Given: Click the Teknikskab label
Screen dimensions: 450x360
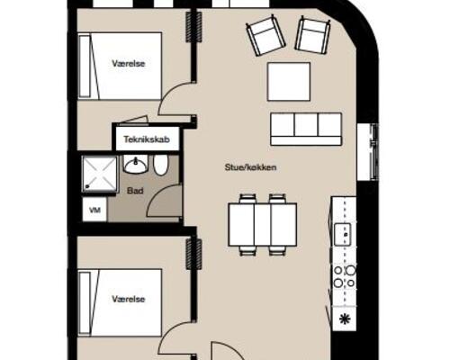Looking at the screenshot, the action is tap(147, 139).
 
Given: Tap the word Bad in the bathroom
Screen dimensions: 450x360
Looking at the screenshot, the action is tap(135, 191).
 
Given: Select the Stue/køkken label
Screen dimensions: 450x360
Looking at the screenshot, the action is tap(250, 167).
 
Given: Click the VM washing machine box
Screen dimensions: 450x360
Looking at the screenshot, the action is tap(94, 210).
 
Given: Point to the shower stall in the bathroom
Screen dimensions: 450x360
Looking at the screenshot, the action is tap(99, 174).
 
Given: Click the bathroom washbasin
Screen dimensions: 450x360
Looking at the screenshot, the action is tap(135, 165).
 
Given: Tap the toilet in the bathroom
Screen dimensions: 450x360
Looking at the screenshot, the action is tap(160, 166).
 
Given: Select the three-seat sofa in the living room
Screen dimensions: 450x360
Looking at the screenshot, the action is tap(306, 130).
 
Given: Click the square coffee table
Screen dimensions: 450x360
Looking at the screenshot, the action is tap(289, 82).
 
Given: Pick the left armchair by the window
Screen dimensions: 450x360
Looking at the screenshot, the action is tap(265, 36).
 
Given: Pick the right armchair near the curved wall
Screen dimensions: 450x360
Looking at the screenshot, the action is tap(313, 34).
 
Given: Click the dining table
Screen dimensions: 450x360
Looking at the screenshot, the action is tap(263, 224).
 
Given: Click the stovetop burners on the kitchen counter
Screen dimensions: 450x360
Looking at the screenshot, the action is tap(345, 276).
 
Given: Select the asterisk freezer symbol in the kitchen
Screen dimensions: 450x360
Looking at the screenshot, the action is tap(344, 319).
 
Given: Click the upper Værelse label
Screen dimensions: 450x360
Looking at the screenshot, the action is tap(129, 64).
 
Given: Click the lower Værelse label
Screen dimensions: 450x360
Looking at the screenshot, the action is tap(129, 299).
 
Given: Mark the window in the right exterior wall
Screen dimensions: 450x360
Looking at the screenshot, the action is tap(368, 151).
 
